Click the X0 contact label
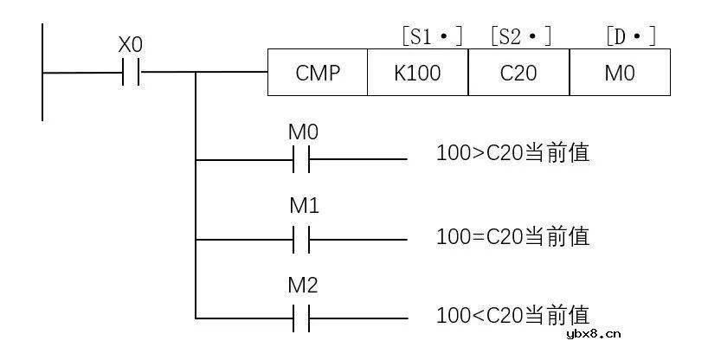point(131,46)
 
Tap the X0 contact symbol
point(131,72)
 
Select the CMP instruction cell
point(318,73)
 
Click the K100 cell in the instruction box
point(417,73)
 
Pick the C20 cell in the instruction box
point(518,73)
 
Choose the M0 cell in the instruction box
point(620,73)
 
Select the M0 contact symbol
point(301,159)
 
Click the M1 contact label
point(304,207)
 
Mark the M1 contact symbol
point(301,239)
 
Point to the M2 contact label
point(303,286)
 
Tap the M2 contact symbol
point(301,318)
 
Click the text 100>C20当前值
point(512,153)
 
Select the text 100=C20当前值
point(512,236)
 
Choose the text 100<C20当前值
point(512,315)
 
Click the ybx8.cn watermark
point(594,334)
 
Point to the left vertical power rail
point(42,72)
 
